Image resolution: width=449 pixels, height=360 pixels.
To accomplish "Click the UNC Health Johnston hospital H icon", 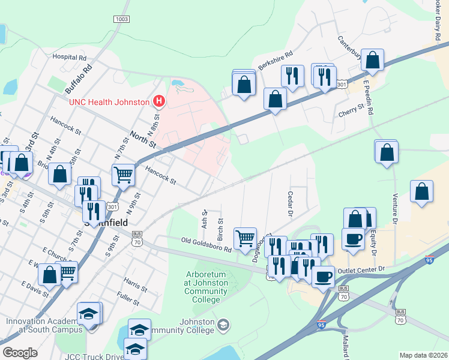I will (x=158, y=101).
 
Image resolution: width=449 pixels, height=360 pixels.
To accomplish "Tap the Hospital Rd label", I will (x=69, y=58).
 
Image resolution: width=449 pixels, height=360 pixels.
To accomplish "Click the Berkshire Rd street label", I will (x=275, y=59).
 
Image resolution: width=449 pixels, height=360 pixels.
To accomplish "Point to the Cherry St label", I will (x=351, y=110).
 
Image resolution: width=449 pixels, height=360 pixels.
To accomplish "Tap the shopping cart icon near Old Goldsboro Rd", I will (x=245, y=238).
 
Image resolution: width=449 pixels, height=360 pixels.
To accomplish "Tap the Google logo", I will (x=20, y=353).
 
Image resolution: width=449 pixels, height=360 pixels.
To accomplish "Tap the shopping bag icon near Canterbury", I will (x=372, y=61).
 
